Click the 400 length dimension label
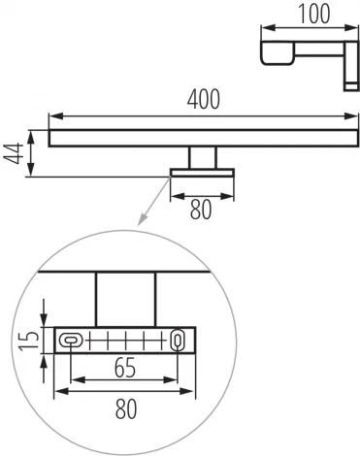click(x=204, y=99)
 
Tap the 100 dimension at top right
click(x=311, y=13)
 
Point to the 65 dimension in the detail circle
click(x=121, y=370)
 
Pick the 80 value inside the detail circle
click(x=125, y=411)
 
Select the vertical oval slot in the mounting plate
click(x=178, y=340)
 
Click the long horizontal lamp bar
click(x=199, y=139)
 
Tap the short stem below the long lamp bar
click(x=203, y=158)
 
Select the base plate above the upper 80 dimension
click(x=202, y=174)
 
